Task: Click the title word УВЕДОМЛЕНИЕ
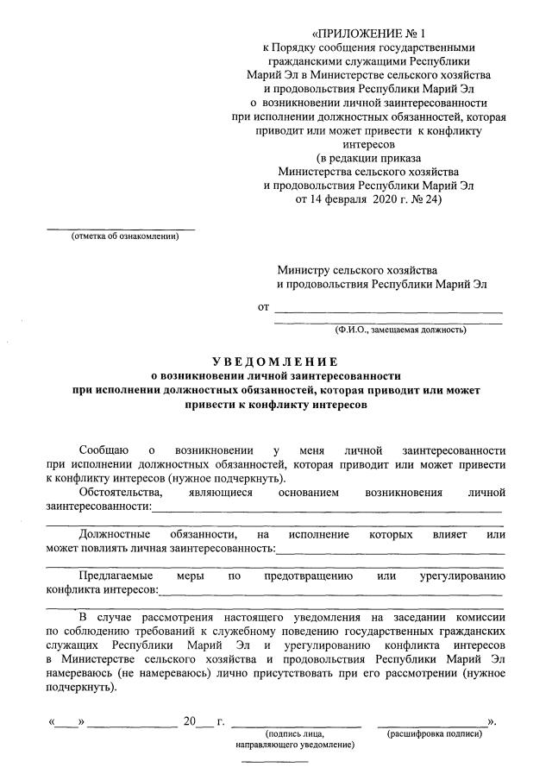[275, 362]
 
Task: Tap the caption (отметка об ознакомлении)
[125, 237]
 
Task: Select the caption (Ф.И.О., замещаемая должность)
[401, 329]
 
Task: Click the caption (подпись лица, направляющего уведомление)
[294, 738]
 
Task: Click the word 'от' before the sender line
[264, 306]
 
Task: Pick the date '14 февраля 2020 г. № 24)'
[369, 198]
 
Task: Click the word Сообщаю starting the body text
[104, 450]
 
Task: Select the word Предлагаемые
[116, 575]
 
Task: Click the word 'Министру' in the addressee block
[304, 270]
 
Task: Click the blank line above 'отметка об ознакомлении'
[120, 229]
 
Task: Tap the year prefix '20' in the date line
[191, 720]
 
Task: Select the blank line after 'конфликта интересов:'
[331, 593]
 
